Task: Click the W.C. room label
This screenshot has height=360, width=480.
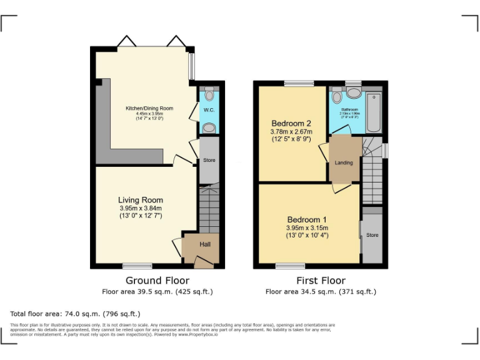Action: [209, 111]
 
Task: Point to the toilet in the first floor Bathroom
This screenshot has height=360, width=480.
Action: [337, 96]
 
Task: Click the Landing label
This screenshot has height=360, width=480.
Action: [344, 162]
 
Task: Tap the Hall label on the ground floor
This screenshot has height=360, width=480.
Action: [205, 244]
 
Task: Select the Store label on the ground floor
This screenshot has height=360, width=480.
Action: [209, 161]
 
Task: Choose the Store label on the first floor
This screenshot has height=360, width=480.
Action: [372, 236]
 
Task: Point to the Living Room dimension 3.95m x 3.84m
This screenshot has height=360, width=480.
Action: [141, 209]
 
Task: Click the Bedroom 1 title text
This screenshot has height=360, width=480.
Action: [306, 219]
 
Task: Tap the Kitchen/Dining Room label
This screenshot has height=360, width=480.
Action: [149, 108]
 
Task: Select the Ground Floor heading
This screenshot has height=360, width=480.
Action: [157, 281]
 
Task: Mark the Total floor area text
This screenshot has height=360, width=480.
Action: [76, 313]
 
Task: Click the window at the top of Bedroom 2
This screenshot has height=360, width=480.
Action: [299, 83]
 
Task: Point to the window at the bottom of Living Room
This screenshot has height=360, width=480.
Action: [137, 266]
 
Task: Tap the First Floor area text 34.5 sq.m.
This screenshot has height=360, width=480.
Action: [321, 291]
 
